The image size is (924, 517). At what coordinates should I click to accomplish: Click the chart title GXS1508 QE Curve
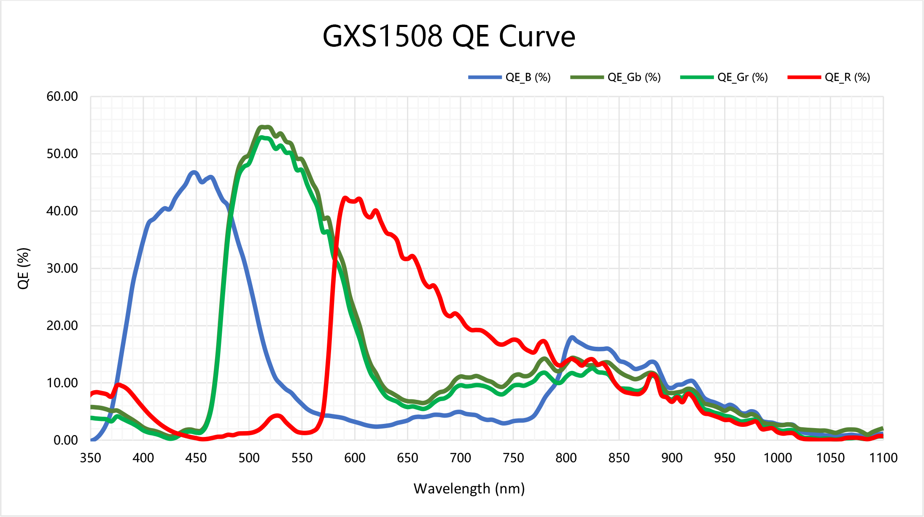click(x=449, y=36)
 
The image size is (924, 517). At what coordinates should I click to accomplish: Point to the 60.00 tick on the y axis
click(x=62, y=96)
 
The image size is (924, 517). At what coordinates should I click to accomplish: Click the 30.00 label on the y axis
click(x=62, y=268)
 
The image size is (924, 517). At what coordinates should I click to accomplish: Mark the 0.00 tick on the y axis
click(x=66, y=440)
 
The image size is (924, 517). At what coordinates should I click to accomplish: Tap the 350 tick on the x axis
click(x=91, y=458)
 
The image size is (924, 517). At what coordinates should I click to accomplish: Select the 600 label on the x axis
click(x=355, y=458)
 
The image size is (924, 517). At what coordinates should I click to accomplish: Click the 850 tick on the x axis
click(x=619, y=458)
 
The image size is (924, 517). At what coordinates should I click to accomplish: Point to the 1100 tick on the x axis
click(x=883, y=458)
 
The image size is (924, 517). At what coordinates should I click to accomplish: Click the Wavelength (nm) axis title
click(x=469, y=489)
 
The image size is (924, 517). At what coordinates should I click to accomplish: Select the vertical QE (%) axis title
click(x=24, y=268)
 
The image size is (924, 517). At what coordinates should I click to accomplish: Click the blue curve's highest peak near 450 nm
click(x=194, y=172)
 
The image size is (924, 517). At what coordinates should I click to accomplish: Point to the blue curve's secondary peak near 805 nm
click(x=572, y=338)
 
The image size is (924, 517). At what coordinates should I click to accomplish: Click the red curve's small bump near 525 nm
click(x=277, y=416)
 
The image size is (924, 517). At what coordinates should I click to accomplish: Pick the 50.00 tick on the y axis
click(x=62, y=154)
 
